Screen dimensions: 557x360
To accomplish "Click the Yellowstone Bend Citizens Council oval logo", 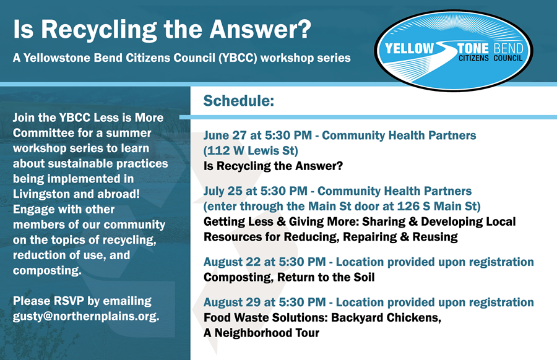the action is click(453, 49).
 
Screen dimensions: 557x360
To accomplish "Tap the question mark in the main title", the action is click(304, 28).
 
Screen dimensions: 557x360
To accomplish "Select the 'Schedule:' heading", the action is click(239, 101).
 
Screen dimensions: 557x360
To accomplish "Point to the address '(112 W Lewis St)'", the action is click(251, 150).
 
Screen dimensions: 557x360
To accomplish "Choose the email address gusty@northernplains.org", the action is click(86, 316).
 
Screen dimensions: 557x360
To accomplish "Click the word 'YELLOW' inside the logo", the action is click(410, 49).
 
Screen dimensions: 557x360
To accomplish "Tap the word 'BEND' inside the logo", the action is click(508, 49).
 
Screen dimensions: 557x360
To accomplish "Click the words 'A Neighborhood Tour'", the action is click(261, 333).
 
